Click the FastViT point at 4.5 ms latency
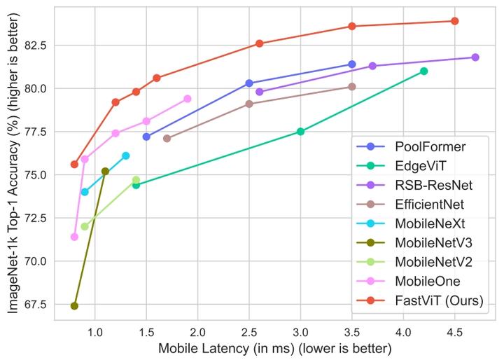(x=454, y=21)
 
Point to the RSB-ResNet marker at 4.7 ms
(x=475, y=57)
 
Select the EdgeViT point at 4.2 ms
(x=423, y=71)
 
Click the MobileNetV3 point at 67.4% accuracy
(x=74, y=305)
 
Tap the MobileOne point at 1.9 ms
(x=188, y=99)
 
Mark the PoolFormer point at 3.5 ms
(x=352, y=64)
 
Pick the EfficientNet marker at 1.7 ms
(x=167, y=138)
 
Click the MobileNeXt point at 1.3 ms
(x=126, y=155)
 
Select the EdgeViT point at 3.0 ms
(x=300, y=131)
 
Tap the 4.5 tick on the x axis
(x=454, y=331)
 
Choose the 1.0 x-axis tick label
(x=94, y=331)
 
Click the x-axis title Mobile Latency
(x=274, y=348)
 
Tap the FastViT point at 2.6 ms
(x=260, y=43)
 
